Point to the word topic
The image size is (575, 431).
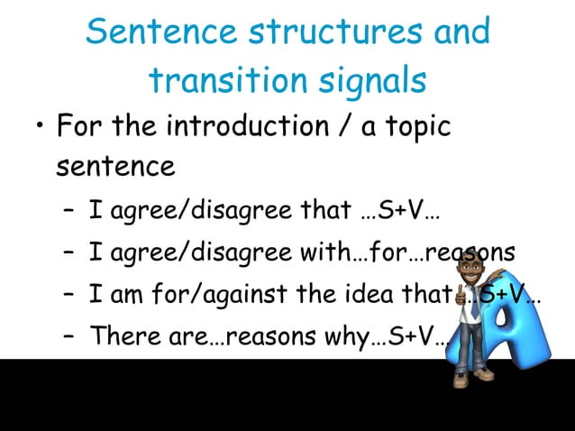click(412, 126)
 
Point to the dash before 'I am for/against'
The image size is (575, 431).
click(68, 294)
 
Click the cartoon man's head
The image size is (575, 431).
click(470, 270)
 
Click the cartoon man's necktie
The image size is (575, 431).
click(474, 307)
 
